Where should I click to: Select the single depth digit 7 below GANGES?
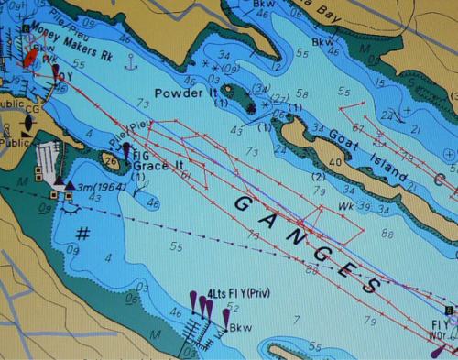tap(296, 319)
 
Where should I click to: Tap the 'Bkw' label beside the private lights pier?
tap(240, 327)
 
